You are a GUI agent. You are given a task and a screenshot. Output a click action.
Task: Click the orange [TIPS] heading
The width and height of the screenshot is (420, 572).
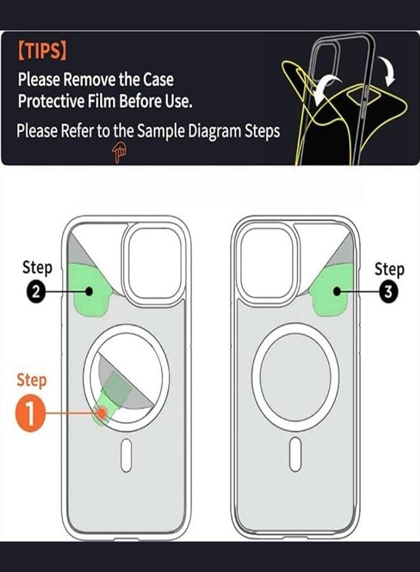pos(41,51)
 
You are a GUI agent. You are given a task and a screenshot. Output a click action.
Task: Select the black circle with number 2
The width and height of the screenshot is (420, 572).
pos(36,292)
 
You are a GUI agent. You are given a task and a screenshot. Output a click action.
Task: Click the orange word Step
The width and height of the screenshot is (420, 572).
pos(31,381)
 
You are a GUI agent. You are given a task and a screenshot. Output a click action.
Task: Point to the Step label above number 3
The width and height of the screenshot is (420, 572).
pos(389,269)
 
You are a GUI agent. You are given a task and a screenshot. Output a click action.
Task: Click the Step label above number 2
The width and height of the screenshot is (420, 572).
pos(37,268)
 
